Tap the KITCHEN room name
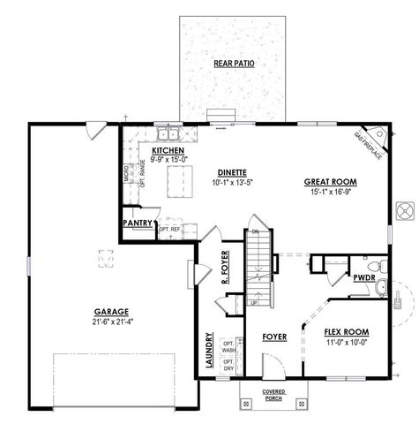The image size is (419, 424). (167, 151)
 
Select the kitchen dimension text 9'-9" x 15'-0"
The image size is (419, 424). (167, 160)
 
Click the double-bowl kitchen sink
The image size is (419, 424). (168, 135)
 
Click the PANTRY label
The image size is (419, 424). (138, 223)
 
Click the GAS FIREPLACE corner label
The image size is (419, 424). (368, 145)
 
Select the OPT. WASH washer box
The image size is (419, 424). (228, 347)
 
